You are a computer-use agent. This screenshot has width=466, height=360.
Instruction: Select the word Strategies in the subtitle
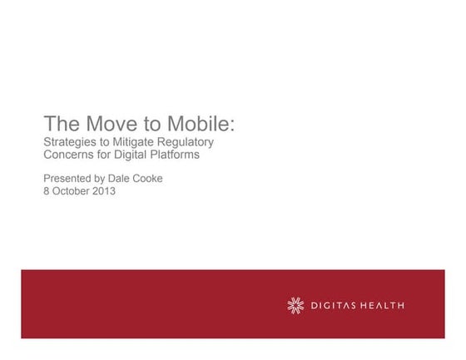[70, 142]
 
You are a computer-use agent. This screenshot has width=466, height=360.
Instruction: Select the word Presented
[68, 178]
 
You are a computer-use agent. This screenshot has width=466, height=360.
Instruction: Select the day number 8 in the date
[47, 190]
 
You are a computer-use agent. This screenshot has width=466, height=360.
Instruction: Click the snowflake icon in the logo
[295, 305]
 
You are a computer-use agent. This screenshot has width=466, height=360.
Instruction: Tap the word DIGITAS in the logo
[336, 305]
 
